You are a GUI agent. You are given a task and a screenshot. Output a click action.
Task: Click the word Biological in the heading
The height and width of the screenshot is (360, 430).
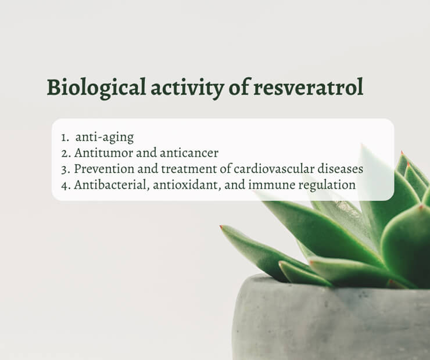click(x=96, y=88)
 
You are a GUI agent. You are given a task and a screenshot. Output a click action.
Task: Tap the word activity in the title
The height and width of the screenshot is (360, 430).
click(x=187, y=88)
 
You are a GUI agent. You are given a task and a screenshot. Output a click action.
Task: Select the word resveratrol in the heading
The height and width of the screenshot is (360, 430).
click(x=308, y=87)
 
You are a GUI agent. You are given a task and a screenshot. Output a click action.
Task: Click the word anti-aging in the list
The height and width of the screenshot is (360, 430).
click(x=105, y=138)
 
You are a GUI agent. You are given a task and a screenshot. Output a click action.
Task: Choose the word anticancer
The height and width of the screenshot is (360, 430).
click(x=189, y=153)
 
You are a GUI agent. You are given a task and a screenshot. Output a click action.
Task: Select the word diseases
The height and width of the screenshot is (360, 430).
click(x=341, y=169)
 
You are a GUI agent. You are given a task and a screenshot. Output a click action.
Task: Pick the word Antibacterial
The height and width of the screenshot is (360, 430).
click(x=112, y=185)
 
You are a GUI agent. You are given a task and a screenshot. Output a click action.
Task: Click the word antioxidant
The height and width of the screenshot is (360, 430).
click(x=187, y=185)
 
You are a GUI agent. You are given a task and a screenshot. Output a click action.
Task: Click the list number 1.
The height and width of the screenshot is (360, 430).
click(x=65, y=138)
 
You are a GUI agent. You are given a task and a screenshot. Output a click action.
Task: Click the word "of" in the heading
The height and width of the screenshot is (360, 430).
click(x=239, y=87)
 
